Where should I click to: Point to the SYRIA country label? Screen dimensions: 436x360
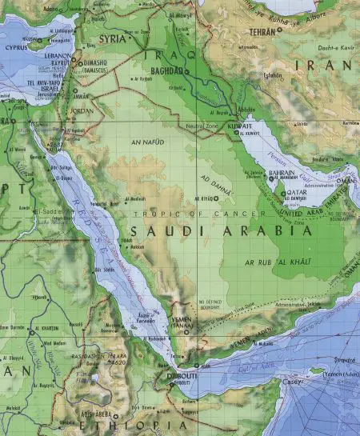pyautogui.click(x=113, y=38)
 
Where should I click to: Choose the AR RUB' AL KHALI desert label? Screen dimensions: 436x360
pyautogui.click(x=271, y=261)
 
